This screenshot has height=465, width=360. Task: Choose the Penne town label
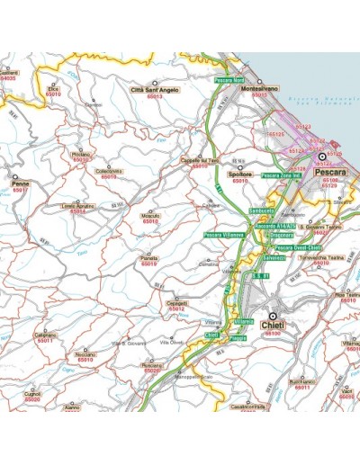pyautogui.click(x=21, y=183)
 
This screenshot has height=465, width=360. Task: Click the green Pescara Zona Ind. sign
pyautogui.click(x=280, y=175)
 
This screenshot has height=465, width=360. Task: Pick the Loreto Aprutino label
pyautogui.click(x=78, y=207)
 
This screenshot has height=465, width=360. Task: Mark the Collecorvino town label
pyautogui.click(x=108, y=172)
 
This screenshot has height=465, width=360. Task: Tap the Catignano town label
pyautogui.click(x=46, y=335)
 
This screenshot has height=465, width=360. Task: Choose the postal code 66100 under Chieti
pyautogui.click(x=272, y=334)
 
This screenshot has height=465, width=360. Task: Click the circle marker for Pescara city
pyautogui.click(x=322, y=156)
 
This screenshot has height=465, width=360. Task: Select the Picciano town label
pyautogui.click(x=81, y=155)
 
